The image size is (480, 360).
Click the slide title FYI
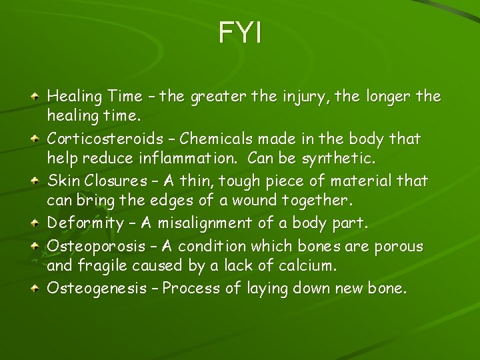[x=240, y=33]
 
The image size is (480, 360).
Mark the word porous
[x=398, y=247]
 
